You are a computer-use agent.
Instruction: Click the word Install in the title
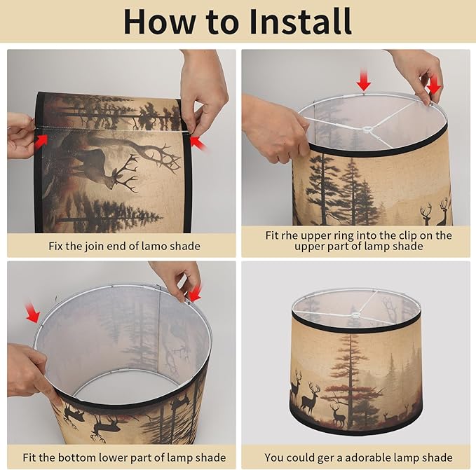300,22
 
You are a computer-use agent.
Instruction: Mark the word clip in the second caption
412,235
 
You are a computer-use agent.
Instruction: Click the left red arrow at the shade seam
41,141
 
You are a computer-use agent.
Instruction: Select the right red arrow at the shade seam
198,143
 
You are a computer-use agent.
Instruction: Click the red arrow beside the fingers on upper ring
434,85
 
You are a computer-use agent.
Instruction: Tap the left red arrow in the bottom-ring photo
32,312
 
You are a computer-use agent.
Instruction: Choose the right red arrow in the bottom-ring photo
194,293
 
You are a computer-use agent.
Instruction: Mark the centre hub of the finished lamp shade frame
354,315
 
